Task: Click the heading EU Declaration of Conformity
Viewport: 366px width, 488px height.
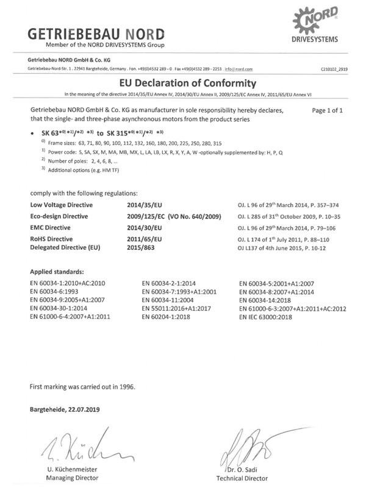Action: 183,83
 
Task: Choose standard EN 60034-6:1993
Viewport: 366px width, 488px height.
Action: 59,292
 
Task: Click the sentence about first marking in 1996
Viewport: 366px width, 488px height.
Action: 86,386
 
